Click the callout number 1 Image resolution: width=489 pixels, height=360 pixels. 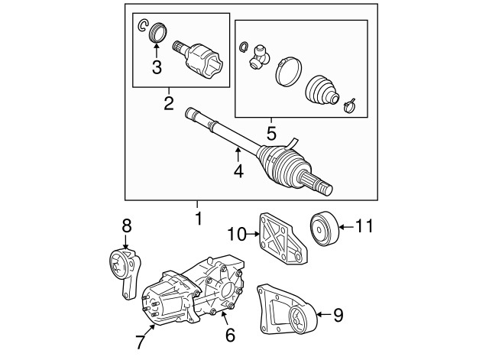(198, 218)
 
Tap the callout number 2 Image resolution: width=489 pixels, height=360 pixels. (169, 102)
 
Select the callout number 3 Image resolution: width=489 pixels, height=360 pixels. (157, 67)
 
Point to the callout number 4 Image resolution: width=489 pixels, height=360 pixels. (238, 171)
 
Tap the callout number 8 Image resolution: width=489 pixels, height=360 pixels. (127, 225)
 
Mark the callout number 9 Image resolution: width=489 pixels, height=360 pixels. (337, 313)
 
